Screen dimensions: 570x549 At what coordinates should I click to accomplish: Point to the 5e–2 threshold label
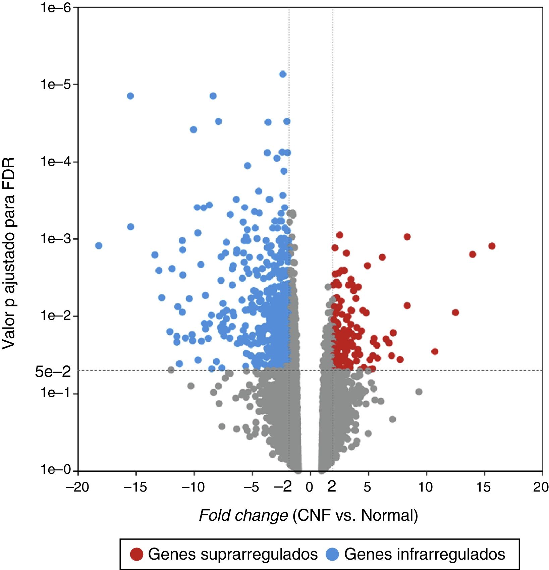(53, 372)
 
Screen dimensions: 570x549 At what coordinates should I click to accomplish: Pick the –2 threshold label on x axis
(283, 487)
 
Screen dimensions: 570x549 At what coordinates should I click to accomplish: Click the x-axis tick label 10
(425, 487)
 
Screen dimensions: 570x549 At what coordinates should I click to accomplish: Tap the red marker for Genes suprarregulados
(137, 554)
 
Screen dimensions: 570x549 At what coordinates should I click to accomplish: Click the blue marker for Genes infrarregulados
(332, 554)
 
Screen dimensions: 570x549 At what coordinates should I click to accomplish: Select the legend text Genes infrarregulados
(425, 554)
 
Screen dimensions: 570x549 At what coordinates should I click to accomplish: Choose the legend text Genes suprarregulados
(233, 554)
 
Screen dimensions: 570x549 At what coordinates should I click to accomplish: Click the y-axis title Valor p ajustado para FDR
(9, 253)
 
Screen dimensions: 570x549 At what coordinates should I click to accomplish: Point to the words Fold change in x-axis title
(243, 515)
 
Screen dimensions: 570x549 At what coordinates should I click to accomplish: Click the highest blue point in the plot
(283, 74)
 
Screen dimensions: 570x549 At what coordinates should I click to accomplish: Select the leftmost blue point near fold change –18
(99, 245)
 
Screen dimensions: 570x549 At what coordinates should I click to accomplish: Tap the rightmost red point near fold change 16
(492, 246)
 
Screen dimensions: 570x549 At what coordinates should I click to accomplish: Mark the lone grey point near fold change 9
(419, 392)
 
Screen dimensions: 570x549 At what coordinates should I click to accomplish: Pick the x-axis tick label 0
(309, 487)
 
